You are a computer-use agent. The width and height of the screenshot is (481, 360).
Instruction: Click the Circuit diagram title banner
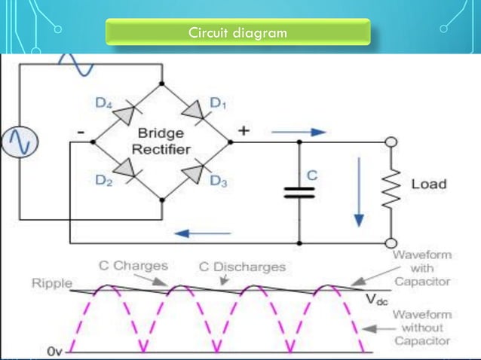237,33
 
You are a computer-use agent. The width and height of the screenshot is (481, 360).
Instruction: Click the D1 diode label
217,105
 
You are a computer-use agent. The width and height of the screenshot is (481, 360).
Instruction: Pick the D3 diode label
218,182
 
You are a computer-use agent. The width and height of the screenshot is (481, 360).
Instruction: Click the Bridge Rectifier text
161,141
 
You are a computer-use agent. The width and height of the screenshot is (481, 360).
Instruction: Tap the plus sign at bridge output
244,130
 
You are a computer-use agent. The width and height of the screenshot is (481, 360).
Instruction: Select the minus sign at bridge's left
80,132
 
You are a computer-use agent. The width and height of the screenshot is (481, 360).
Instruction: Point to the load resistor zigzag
391,186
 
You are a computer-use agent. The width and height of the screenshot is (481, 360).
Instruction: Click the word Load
428,184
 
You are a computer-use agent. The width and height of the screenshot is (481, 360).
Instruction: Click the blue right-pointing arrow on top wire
299,132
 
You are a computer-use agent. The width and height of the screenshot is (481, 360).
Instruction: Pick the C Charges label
133,266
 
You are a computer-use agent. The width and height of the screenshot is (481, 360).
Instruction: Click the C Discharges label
242,267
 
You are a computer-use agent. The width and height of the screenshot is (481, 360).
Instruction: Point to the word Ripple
51,283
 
